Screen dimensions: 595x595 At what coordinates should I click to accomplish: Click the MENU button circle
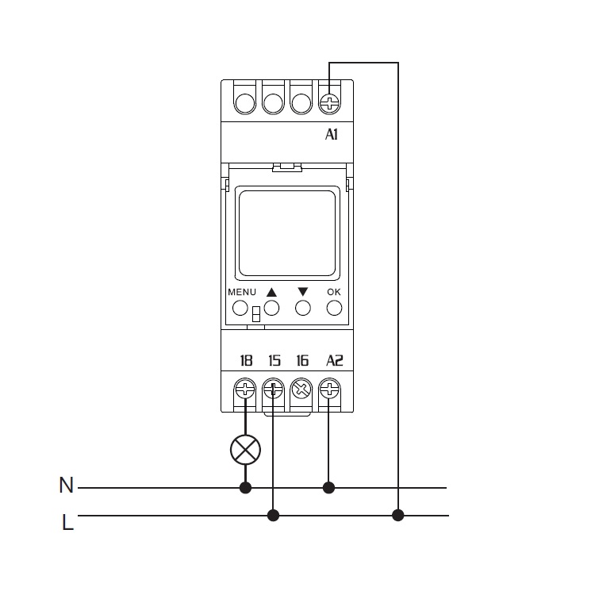[240, 308]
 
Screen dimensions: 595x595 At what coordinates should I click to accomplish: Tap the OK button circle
[334, 308]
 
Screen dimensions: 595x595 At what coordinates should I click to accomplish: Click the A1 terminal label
[332, 134]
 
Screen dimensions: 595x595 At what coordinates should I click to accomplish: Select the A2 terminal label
[334, 360]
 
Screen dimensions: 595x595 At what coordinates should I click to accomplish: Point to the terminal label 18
[246, 360]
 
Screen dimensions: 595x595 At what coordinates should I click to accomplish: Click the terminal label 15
[274, 360]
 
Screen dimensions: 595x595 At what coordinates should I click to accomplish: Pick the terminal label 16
[302, 360]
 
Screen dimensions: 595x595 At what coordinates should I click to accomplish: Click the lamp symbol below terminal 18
[245, 450]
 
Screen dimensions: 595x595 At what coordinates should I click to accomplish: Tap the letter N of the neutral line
[66, 485]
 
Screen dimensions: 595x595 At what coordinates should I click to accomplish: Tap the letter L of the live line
[67, 522]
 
